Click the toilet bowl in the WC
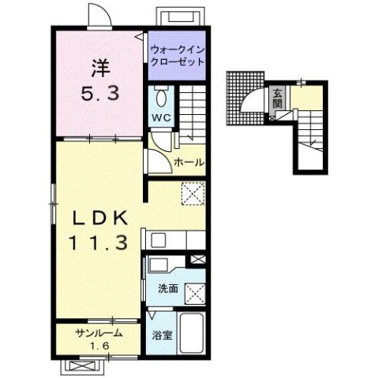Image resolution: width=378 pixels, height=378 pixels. tap(161, 98)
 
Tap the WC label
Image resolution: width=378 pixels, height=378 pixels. tap(161, 117)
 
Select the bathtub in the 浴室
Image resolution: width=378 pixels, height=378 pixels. tap(191, 333)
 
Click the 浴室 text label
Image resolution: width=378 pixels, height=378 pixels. tap(163, 335)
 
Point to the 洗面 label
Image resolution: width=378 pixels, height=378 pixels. tap(168, 288)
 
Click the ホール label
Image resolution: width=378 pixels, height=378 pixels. tap(189, 162)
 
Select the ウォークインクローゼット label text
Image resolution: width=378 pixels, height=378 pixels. tap(178, 56)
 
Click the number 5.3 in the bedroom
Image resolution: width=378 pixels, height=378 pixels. tap(100, 94)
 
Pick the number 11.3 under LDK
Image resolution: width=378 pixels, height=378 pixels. tap(99, 243)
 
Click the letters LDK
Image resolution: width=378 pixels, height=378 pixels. tap(100, 218)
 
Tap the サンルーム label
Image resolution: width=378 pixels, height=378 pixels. tap(99, 333)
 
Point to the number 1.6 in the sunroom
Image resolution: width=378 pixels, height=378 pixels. tap(100, 346)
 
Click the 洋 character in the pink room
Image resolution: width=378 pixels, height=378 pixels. tap(100, 69)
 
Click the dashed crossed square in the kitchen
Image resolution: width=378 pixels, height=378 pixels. tap(193, 194)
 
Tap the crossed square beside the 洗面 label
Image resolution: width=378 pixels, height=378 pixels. tap(195, 294)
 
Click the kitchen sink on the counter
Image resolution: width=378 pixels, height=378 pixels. tap(158, 239)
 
